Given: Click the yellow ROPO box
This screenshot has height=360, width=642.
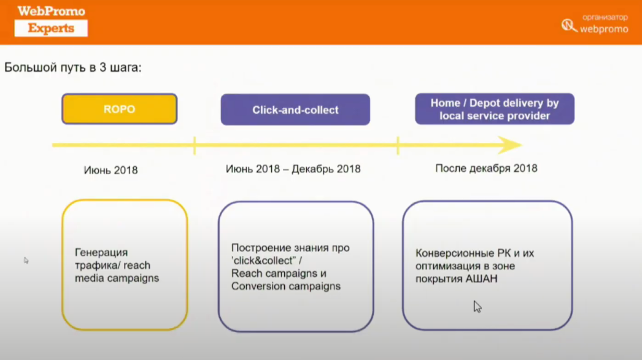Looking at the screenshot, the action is (x=119, y=109).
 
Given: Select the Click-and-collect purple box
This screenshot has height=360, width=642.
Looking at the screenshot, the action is (x=295, y=109).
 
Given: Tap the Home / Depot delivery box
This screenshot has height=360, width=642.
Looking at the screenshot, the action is (x=495, y=109).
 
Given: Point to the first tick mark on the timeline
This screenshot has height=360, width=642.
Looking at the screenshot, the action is (x=194, y=145).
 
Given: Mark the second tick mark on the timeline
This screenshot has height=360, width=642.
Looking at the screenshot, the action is (x=398, y=145).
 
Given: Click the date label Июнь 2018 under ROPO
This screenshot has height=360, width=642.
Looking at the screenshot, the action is (x=110, y=170).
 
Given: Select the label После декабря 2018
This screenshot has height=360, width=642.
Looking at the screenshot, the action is (x=486, y=168).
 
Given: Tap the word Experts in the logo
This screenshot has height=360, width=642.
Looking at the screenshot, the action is (x=51, y=28).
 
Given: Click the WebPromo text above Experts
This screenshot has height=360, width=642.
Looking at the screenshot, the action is (x=51, y=11).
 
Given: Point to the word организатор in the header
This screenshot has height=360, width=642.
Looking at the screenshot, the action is (x=605, y=17).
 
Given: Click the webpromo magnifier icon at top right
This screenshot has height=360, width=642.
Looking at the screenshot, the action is (x=569, y=25).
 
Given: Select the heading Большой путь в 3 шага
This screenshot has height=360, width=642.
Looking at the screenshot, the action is (x=73, y=67).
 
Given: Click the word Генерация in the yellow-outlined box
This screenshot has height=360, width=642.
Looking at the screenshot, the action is (x=101, y=252).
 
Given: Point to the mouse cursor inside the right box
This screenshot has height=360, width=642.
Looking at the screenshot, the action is (x=477, y=307).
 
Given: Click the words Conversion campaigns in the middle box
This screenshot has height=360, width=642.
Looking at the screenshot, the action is (x=285, y=286).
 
